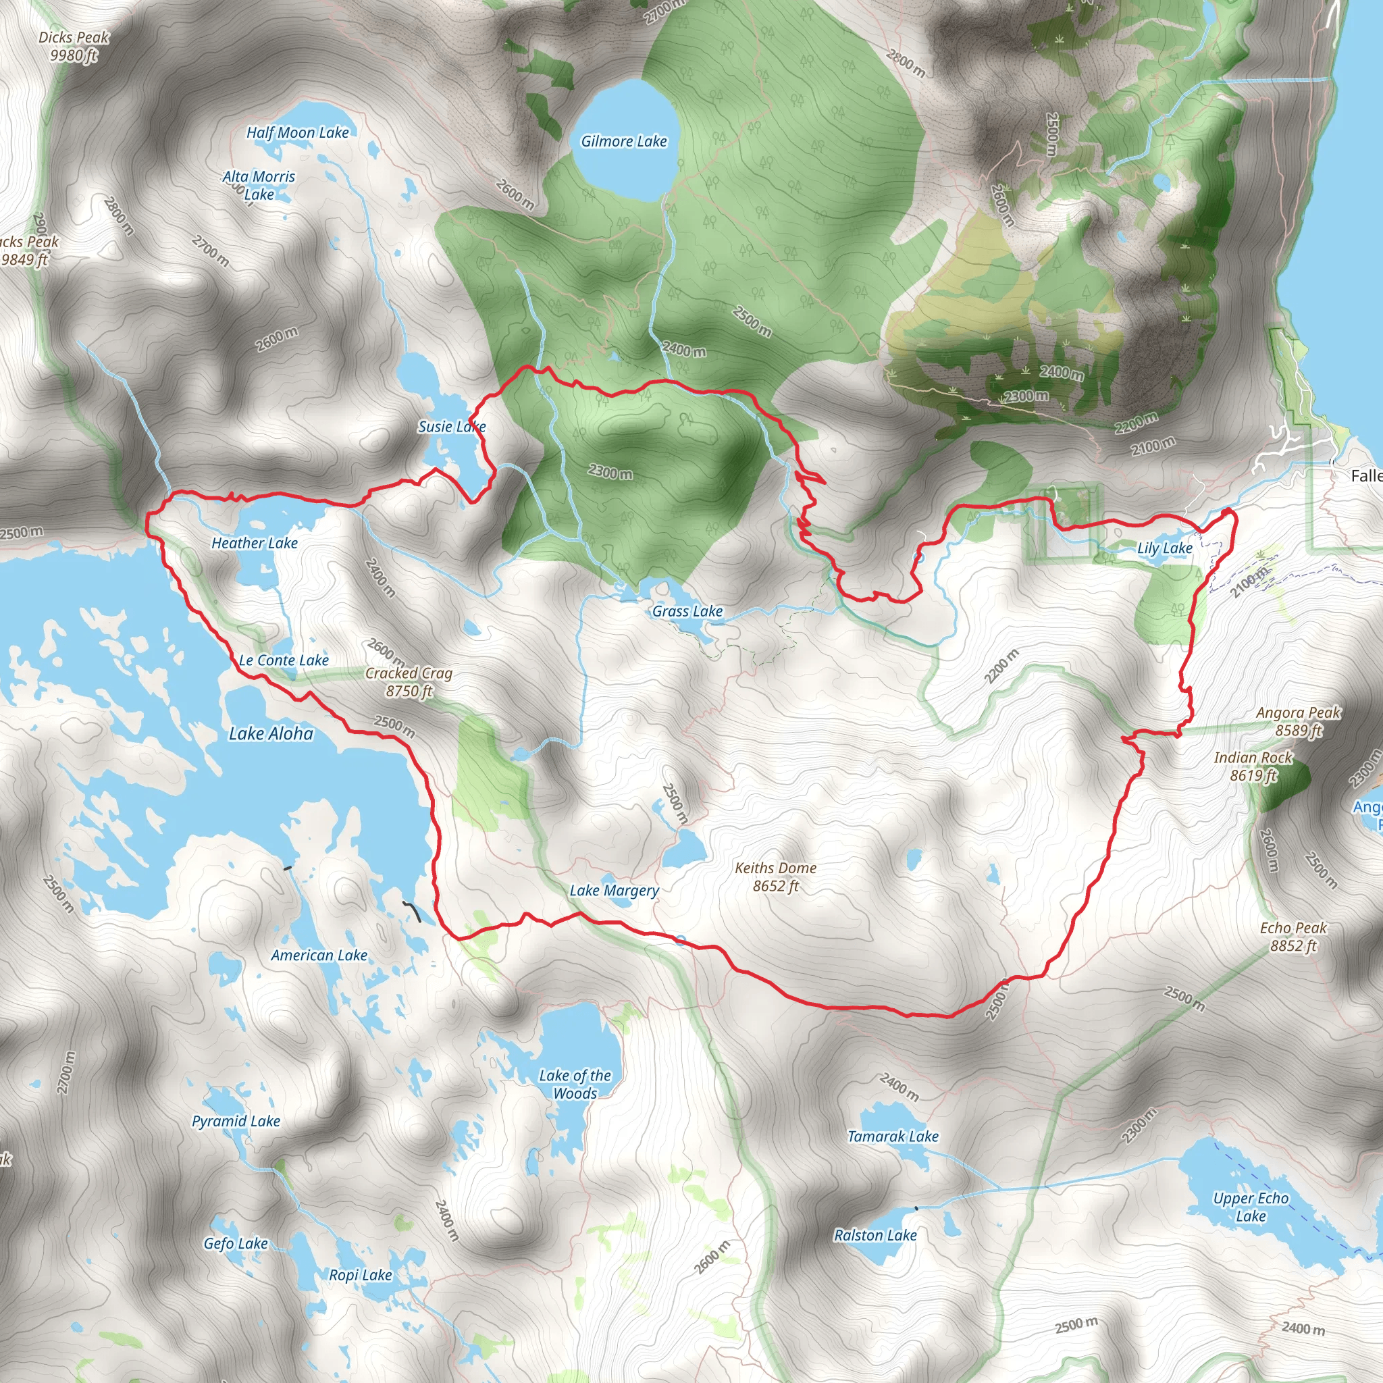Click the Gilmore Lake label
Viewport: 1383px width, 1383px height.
623,142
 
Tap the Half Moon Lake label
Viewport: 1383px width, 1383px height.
297,132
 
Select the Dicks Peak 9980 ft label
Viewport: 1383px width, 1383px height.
74,46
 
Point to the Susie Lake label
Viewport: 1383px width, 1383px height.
452,427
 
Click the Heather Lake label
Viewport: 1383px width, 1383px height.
254,544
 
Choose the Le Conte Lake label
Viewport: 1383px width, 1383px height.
284,660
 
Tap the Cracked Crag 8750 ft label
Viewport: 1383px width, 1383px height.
409,681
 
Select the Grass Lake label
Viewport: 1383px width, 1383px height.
687,611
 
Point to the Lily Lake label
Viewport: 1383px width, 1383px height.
1165,548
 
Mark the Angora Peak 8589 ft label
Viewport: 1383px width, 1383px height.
1298,721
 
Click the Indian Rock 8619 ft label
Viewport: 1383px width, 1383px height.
1253,766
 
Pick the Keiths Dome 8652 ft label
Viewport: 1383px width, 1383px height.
775,876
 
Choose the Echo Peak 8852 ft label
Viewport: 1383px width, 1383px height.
1293,937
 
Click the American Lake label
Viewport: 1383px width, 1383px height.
319,955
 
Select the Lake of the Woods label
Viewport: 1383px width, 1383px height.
575,1084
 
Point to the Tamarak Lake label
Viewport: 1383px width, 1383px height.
893,1136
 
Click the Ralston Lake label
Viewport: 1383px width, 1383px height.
875,1235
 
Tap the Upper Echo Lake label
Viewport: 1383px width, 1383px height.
1251,1207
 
